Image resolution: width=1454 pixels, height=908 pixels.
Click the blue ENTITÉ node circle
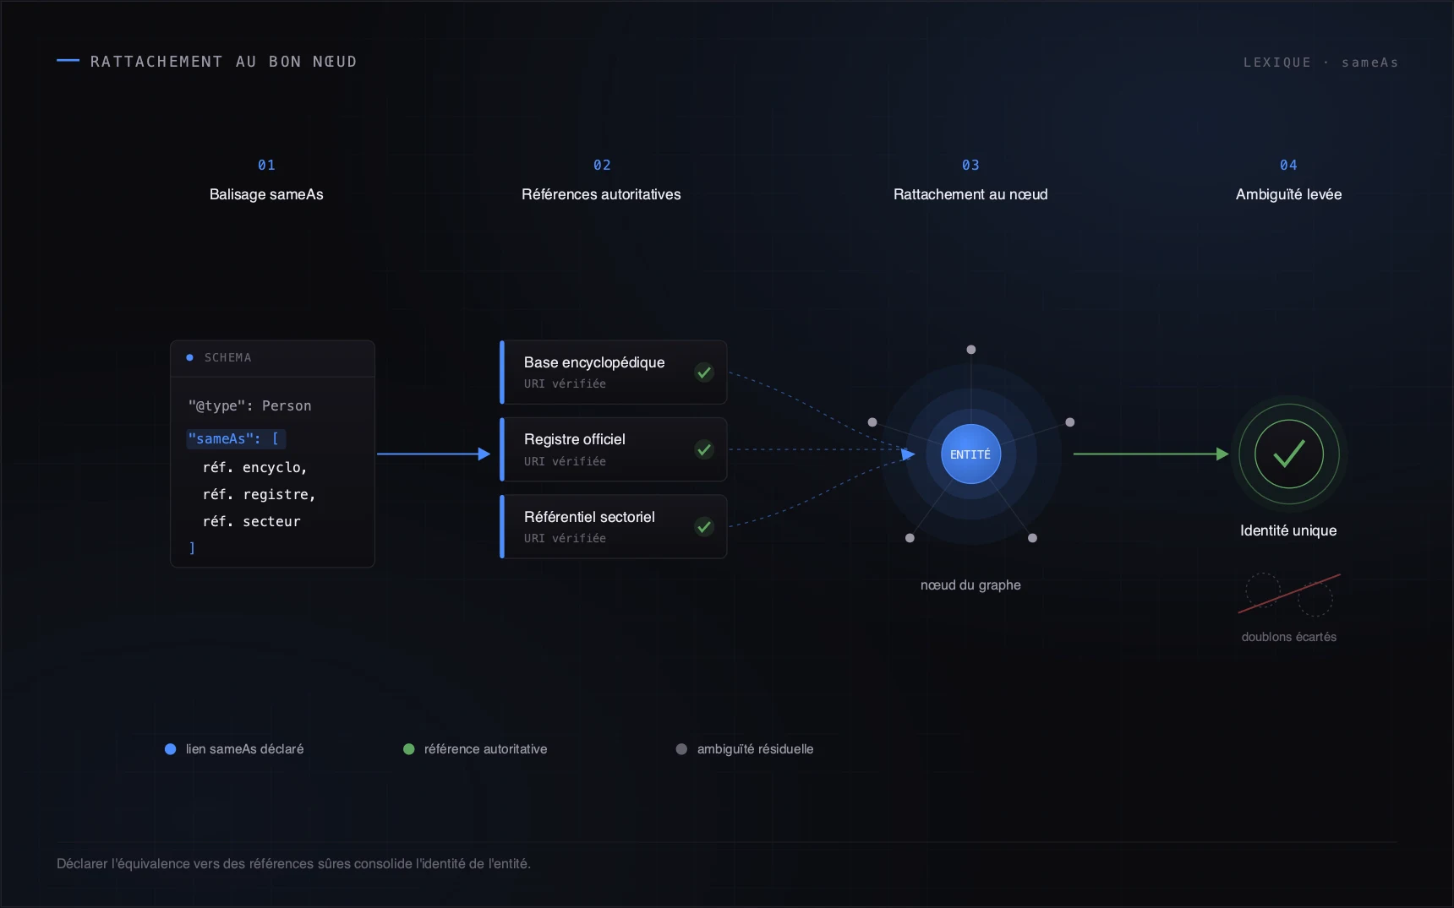970,454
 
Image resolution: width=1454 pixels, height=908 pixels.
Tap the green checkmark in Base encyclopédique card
704,372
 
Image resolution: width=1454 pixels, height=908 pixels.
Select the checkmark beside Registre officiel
704,449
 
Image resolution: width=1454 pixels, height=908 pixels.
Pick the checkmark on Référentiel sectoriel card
704,527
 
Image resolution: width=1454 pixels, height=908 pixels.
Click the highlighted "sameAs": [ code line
236,438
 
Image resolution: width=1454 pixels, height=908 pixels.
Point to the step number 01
266,165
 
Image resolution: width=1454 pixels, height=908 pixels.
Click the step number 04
1288,165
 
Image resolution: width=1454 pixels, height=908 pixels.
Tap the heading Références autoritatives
601,194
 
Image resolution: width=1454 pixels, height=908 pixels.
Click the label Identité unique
1288,530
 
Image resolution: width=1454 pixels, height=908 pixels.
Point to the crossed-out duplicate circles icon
1289,594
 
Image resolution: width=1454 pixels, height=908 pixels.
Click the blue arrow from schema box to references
434,454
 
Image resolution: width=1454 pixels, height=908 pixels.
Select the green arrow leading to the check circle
1151,454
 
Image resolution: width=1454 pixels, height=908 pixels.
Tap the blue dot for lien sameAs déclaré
170,749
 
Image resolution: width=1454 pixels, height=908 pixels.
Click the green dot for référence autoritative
409,749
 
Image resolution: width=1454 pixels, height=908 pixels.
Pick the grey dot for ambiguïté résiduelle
681,749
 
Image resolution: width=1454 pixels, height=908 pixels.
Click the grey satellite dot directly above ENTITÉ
971,350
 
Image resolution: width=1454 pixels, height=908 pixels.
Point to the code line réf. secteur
251,521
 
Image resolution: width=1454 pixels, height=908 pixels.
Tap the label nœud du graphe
970,584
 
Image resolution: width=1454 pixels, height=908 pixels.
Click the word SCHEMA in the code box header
227,357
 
